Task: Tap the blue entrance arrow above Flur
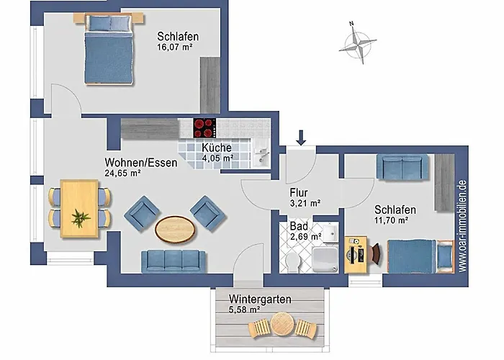301,135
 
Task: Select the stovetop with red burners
204,128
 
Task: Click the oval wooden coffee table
174,229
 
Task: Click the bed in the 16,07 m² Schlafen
108,58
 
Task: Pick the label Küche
216,148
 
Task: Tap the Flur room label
299,192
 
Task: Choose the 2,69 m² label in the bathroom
305,237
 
